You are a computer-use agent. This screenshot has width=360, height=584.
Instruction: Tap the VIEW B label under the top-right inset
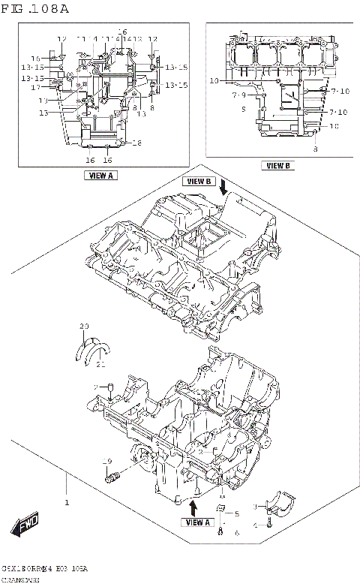(x=277, y=166)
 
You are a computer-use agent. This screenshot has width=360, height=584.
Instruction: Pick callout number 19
(x=106, y=461)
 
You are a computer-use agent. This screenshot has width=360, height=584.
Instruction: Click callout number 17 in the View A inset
(x=34, y=87)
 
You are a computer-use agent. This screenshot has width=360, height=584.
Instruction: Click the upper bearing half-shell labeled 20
(x=94, y=344)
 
